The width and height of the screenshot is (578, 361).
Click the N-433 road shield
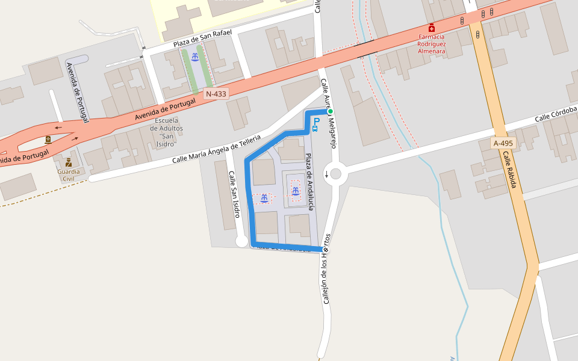pyautogui.click(x=216, y=94)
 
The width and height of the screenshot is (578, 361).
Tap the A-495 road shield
pyautogui.click(x=503, y=143)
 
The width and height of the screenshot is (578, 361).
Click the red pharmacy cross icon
pyautogui.click(x=432, y=28)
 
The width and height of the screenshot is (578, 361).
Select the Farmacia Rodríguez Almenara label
pyautogui.click(x=432, y=44)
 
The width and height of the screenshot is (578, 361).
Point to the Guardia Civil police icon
pyautogui.click(x=69, y=162)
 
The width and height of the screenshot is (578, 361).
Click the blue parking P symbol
pyautogui.click(x=316, y=122)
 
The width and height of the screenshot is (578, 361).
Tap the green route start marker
pyautogui.click(x=330, y=111)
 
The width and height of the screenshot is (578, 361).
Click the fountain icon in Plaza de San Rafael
pyautogui.click(x=195, y=57)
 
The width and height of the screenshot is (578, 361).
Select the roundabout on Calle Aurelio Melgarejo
pyautogui.click(x=335, y=174)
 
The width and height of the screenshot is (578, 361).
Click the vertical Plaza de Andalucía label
pyautogui.click(x=309, y=181)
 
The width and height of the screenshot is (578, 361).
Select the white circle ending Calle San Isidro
pyautogui.click(x=241, y=241)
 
